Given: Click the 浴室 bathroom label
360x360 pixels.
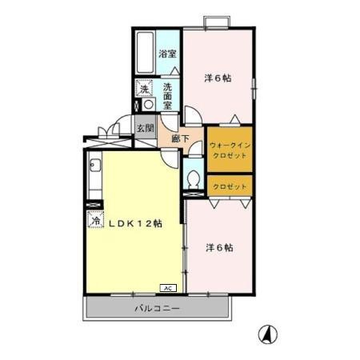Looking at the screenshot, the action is click(167, 54).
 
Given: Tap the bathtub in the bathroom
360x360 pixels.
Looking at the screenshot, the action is click(146, 52).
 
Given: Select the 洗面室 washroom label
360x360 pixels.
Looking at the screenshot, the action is click(167, 96).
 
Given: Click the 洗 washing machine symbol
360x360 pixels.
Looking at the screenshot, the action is click(144, 88).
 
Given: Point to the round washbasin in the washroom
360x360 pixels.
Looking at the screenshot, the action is click(149, 104).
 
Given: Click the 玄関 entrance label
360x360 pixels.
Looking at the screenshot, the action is click(146, 129).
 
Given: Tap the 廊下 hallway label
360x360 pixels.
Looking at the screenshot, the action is click(181, 138).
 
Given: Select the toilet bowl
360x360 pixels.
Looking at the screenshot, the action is click(194, 178).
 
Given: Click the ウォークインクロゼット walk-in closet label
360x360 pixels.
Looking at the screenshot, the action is click(230, 150).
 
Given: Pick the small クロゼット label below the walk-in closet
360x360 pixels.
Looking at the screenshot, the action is click(230, 186).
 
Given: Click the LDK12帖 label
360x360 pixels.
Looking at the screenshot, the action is click(135, 223).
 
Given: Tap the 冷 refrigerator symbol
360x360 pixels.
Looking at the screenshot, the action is click(95, 219).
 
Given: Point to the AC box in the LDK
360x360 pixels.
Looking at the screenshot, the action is click(168, 288).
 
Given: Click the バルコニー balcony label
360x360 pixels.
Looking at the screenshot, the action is click(157, 309).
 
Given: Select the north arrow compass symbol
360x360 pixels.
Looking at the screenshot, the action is click(268, 334).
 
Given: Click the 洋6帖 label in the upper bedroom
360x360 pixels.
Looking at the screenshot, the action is click(218, 78).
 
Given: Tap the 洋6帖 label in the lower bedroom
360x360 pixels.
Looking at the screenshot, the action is click(219, 248).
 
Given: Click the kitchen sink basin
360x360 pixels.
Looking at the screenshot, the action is click(95, 166).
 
